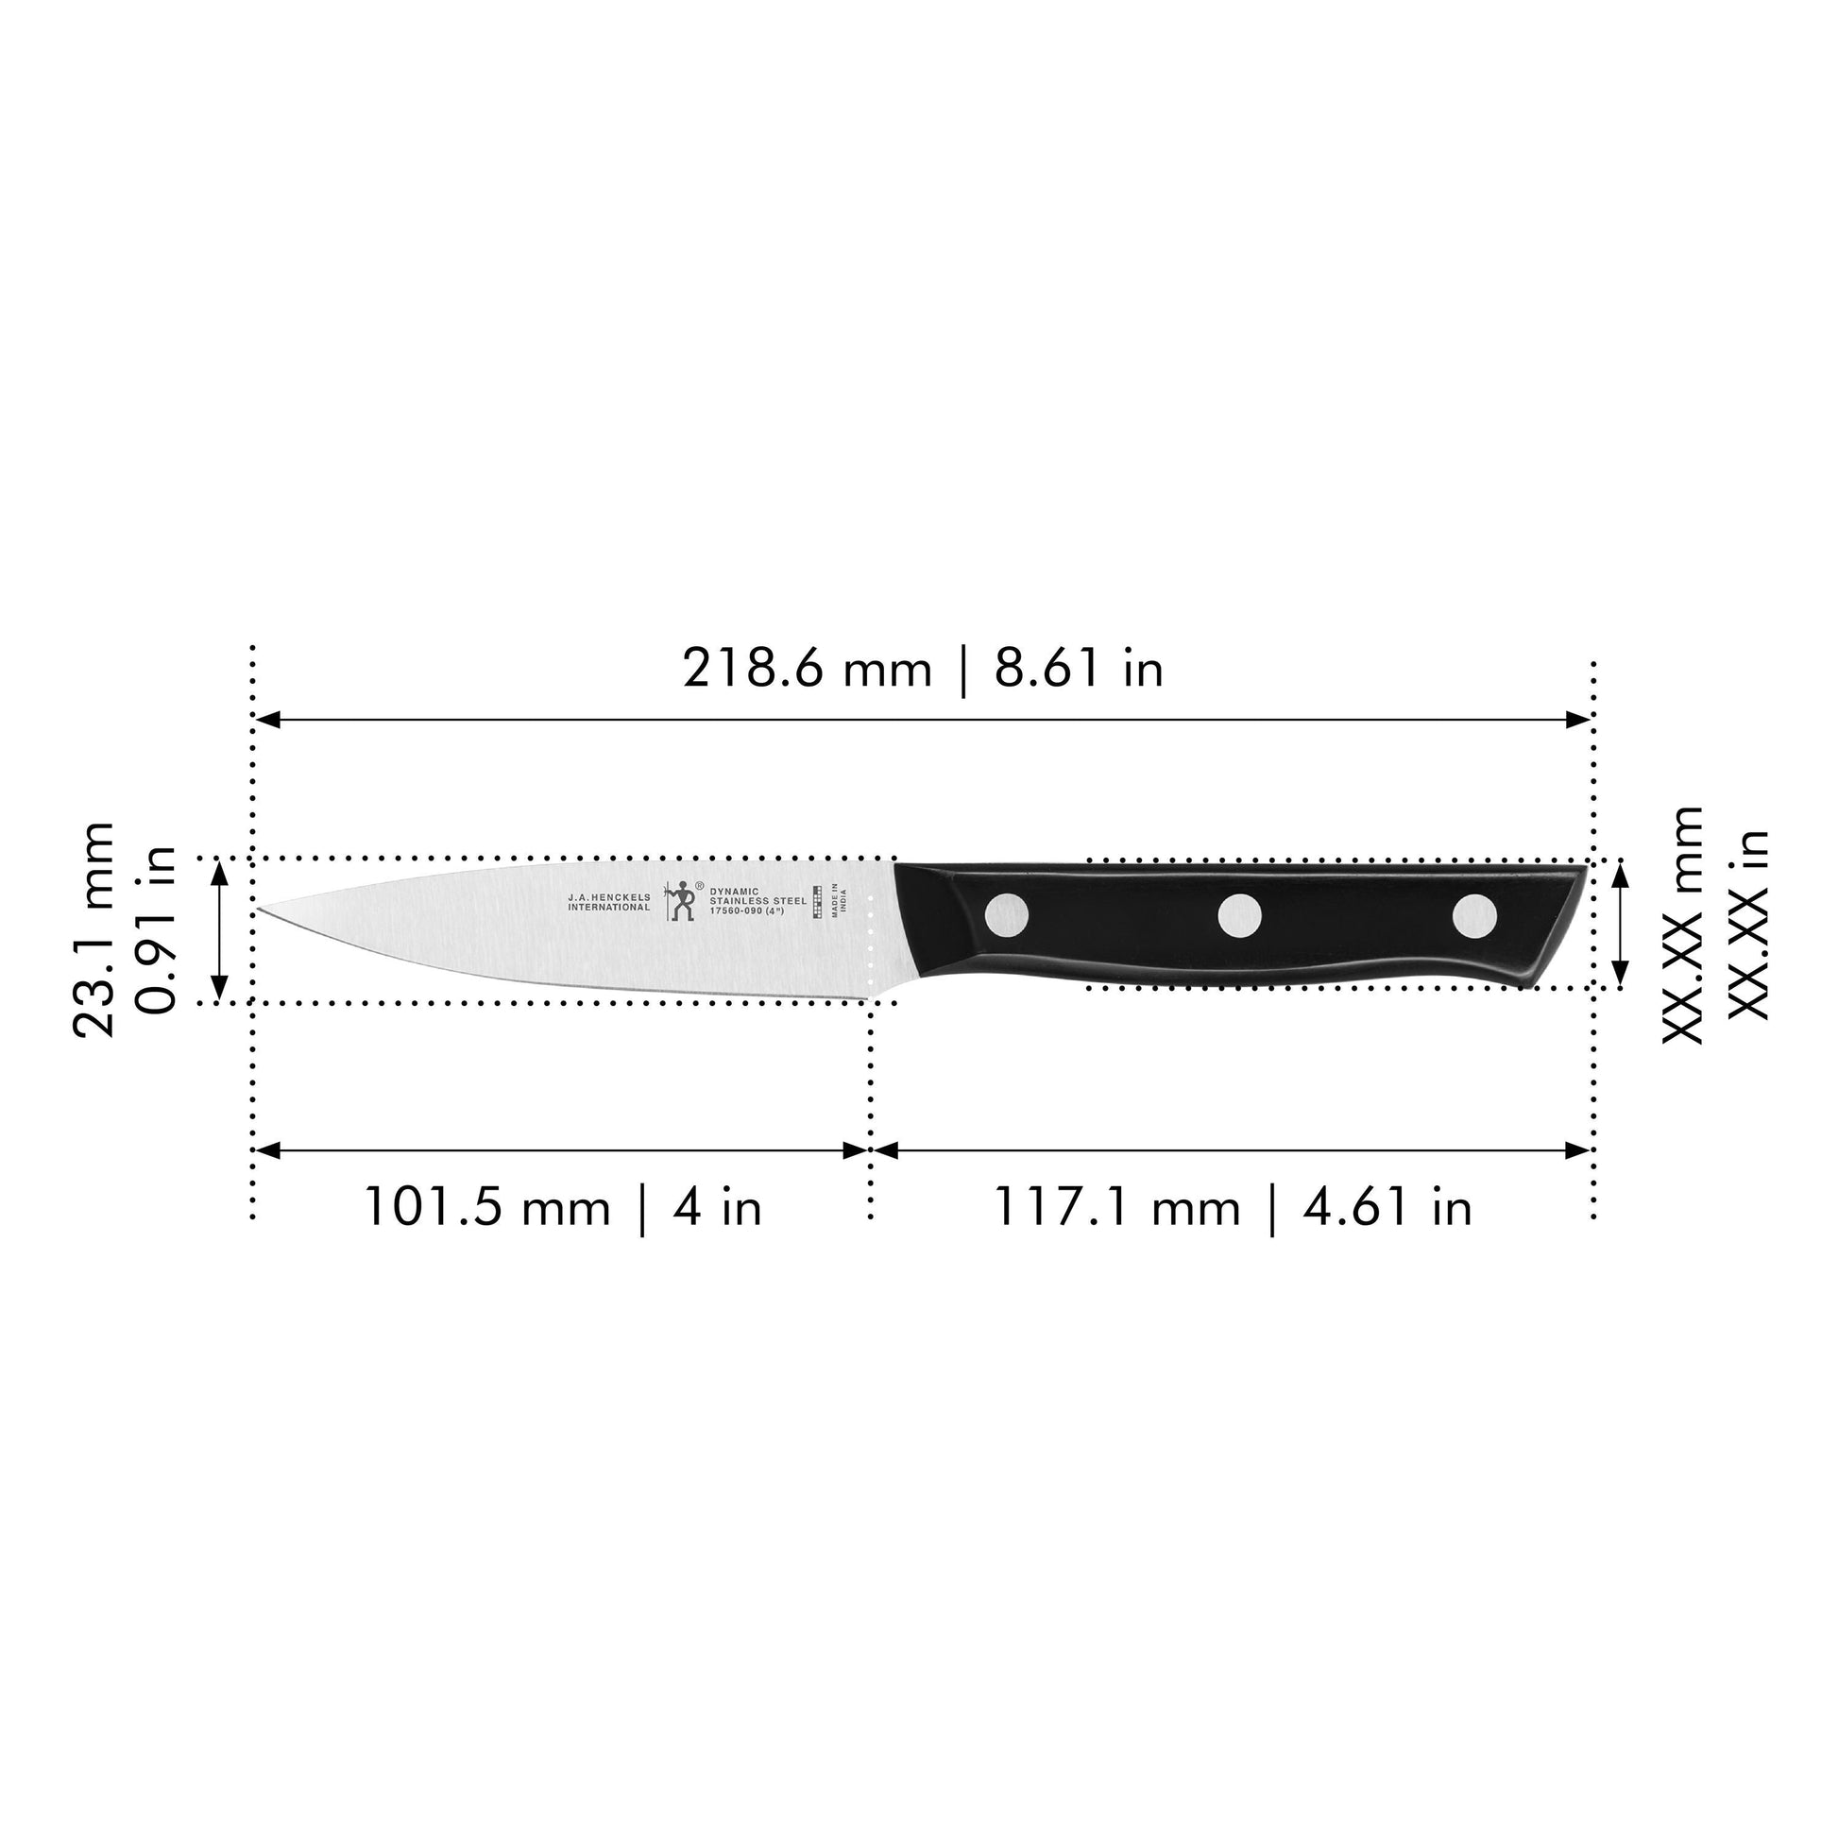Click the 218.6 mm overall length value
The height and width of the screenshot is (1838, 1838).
806,669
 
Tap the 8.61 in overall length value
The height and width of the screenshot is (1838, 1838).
1079,669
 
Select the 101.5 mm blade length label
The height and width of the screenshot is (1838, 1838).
486,1208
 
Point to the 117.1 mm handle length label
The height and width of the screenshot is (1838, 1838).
1117,1208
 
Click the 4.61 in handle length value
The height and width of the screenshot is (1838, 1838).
1387,1208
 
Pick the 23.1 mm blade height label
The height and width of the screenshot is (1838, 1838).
94,929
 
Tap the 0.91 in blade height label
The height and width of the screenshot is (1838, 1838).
155,929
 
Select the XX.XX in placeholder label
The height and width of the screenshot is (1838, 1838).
1746,926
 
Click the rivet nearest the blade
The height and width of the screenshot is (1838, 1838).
1007,916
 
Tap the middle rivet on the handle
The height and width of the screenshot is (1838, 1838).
1239,916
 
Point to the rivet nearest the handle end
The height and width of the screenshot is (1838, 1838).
1473,915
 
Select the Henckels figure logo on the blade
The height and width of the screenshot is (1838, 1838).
681,900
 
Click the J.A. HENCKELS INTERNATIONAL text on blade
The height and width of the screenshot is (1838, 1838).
609,902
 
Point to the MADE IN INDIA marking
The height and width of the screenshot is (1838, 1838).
838,900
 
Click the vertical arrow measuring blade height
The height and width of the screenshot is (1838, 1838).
220,930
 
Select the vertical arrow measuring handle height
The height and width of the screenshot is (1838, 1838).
1621,924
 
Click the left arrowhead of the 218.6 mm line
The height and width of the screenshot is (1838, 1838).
267,719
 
